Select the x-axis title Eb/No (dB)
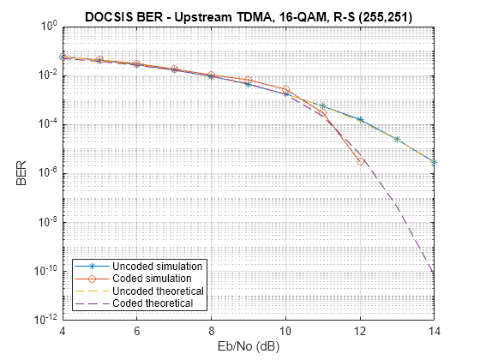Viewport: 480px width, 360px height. point(249,347)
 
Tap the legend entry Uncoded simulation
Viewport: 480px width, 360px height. point(157,267)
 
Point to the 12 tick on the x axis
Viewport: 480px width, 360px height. point(360,331)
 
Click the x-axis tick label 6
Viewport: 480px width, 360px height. point(137,331)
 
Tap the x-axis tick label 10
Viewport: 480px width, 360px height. point(285,331)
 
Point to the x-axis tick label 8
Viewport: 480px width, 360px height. point(212,331)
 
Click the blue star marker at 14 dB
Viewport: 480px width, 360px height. point(435,162)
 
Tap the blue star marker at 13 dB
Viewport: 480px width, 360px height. point(397,139)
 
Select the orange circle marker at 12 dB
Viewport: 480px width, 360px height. point(360,160)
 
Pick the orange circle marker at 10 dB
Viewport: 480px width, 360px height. point(285,89)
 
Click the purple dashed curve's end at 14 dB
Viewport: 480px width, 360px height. point(435,274)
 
